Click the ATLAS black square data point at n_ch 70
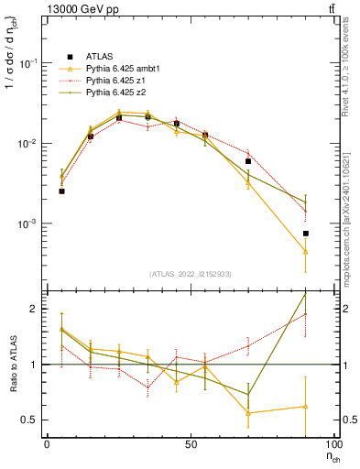click(248, 161)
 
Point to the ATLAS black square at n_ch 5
click(61, 191)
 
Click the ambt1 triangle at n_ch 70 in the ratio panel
click(248, 413)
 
